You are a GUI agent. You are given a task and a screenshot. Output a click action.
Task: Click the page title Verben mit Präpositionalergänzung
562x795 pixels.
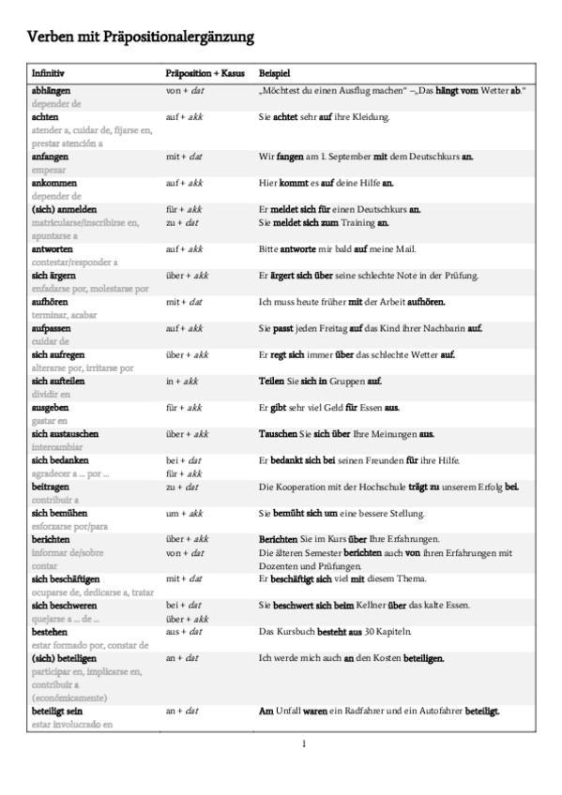click(x=140, y=37)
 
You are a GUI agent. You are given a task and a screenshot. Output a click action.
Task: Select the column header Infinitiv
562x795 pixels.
click(x=48, y=72)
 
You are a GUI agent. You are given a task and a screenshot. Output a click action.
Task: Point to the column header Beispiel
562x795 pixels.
click(x=274, y=72)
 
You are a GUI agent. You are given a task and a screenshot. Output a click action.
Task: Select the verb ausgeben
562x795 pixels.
click(x=51, y=407)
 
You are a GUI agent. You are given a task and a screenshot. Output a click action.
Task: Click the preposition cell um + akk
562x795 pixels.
click(x=184, y=513)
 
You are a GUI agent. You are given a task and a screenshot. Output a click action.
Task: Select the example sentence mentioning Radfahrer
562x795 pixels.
click(x=379, y=711)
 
